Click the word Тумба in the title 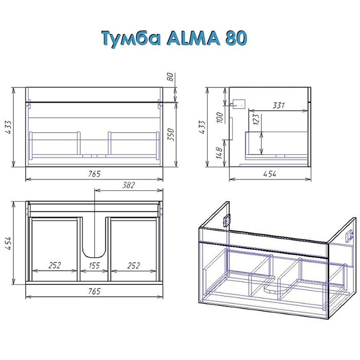click(x=131, y=39)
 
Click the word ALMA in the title click(x=193, y=38)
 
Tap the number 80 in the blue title click(x=236, y=38)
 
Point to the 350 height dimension click(x=171, y=135)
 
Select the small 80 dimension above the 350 click(x=170, y=77)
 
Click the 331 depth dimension click(x=279, y=105)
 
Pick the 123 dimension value click(x=256, y=119)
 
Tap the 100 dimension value click(x=220, y=117)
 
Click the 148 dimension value click(x=219, y=153)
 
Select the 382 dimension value click(x=129, y=185)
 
